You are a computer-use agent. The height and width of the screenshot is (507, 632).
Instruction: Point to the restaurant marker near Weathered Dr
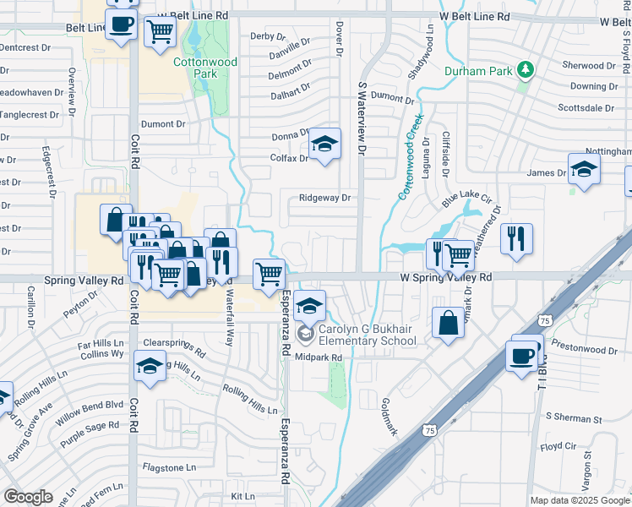click(516, 238)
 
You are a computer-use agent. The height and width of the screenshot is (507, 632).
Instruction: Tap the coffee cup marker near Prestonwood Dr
click(523, 354)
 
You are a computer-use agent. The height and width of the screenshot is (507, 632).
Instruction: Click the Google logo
click(28, 497)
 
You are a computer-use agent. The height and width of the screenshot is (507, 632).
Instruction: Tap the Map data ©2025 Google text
click(580, 500)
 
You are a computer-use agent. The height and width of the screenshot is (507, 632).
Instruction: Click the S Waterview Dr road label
click(363, 119)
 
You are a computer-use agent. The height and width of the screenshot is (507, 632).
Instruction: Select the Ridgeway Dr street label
click(324, 199)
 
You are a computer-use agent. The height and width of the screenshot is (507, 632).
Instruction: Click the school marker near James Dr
click(584, 169)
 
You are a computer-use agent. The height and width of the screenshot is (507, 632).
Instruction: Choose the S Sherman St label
click(573, 418)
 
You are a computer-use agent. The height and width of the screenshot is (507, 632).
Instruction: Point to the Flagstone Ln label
click(169, 466)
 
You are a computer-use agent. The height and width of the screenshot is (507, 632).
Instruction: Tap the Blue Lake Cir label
click(466, 200)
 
